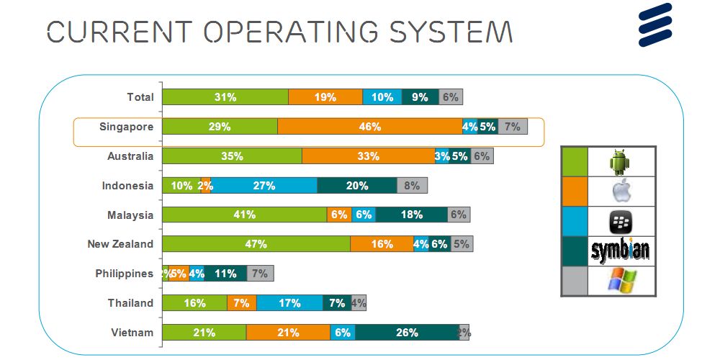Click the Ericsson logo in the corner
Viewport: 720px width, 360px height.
[654, 24]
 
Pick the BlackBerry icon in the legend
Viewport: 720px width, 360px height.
[621, 221]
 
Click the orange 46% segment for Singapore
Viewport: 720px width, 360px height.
[369, 127]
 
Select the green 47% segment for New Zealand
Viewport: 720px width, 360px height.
[256, 244]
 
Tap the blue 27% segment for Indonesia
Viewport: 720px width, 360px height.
[264, 186]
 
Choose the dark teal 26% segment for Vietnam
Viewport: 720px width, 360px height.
[407, 332]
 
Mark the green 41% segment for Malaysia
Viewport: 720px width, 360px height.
[245, 215]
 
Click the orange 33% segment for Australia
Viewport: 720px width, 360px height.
[368, 156]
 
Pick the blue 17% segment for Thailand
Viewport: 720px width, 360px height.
[289, 303]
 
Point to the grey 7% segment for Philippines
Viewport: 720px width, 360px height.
[260, 274]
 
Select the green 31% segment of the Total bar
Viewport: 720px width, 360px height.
[225, 97]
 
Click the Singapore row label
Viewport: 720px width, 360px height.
[126, 127]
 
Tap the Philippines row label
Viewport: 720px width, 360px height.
[124, 274]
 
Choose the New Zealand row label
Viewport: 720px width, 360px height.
[120, 244]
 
